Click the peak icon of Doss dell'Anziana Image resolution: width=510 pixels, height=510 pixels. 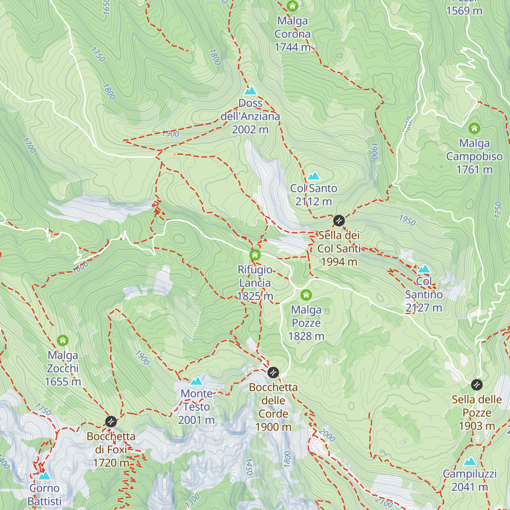(250, 91)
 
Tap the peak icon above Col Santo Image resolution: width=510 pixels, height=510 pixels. (314, 176)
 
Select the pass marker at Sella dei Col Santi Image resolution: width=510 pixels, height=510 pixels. (339, 221)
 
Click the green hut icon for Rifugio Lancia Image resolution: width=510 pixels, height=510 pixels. (255, 255)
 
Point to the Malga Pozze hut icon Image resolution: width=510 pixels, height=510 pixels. (306, 295)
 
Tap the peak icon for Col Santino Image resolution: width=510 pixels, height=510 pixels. (424, 269)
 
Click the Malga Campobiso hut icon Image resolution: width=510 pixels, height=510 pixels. (474, 128)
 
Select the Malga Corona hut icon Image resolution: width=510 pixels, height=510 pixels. (292, 6)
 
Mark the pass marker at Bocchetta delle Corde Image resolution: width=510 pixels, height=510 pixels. (273, 373)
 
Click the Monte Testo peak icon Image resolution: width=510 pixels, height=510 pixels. (196, 381)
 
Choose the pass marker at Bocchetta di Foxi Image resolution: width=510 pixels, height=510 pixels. (111, 422)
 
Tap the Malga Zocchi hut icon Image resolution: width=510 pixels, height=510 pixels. (62, 340)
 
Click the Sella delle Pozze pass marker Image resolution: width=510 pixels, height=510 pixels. (477, 385)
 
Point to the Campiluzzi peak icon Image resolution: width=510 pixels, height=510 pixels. (470, 462)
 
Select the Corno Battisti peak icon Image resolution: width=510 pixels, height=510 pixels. (44, 476)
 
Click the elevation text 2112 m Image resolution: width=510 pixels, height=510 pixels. (314, 201)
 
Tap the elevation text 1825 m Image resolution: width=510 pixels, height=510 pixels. (255, 296)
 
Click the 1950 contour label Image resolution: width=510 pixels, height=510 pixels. (407, 220)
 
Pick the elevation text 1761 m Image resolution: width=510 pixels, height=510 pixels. (474, 170)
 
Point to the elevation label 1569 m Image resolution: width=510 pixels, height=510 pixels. (464, 11)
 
